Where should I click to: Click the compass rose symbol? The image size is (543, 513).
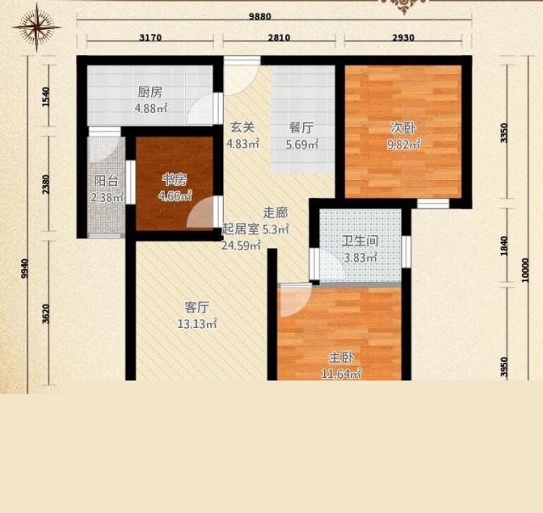click(x=36, y=27)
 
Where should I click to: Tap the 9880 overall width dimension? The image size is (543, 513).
click(x=260, y=16)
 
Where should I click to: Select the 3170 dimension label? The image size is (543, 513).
click(x=150, y=37)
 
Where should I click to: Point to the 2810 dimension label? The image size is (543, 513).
click(x=279, y=37)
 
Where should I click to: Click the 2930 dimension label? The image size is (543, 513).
click(x=403, y=37)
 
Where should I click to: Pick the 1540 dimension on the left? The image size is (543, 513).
click(x=46, y=97)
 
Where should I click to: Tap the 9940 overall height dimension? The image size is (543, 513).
click(x=25, y=268)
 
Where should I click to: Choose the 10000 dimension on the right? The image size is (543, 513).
click(x=525, y=270)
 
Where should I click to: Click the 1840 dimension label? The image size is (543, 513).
click(x=504, y=246)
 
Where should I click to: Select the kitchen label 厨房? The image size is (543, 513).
click(x=150, y=93)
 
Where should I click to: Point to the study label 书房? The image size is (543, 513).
click(x=175, y=179)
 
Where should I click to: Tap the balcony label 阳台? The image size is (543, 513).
click(x=106, y=181)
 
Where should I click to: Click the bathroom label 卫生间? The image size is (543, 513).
click(x=360, y=241)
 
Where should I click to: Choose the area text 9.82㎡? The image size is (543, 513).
click(x=404, y=144)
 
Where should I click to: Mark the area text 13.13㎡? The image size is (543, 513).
click(x=197, y=324)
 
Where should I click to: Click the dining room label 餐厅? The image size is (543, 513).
click(x=301, y=127)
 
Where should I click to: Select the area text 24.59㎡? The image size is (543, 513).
click(x=241, y=245)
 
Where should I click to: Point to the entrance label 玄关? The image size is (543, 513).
click(x=243, y=127)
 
